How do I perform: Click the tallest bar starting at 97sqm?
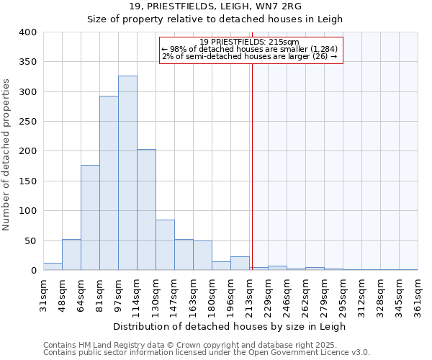pos(127,173)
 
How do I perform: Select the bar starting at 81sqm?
pos(109,184)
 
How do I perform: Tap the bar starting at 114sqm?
pos(146,210)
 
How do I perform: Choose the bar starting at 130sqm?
pos(165,245)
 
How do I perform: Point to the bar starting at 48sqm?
pos(71,255)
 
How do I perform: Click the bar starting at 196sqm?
pos(240,264)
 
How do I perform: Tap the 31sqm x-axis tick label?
pos(43,294)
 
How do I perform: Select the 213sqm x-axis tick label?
pos(249,294)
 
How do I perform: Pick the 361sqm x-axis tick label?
pos(418,294)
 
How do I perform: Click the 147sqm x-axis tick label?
pos(174,294)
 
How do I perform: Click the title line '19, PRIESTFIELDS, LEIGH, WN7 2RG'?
pos(216,6)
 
